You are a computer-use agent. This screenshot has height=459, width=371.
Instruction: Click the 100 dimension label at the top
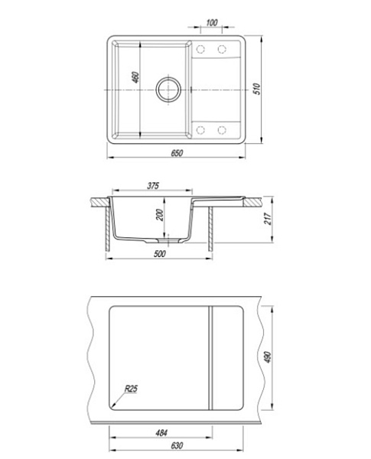(212, 22)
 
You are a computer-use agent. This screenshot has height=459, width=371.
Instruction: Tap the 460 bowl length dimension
(135, 77)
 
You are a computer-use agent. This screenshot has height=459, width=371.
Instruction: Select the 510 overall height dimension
(256, 89)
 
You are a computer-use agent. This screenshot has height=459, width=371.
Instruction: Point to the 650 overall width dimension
(177, 153)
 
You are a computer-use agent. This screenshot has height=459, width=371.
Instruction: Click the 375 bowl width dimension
(153, 186)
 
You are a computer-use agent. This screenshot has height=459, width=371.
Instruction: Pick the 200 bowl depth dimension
(160, 215)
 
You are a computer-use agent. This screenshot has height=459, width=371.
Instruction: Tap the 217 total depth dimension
(268, 219)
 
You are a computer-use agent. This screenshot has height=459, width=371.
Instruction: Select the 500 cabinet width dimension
(160, 254)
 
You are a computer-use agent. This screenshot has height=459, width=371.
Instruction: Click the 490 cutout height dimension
(268, 357)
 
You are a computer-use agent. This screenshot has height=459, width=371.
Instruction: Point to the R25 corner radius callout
(131, 389)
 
